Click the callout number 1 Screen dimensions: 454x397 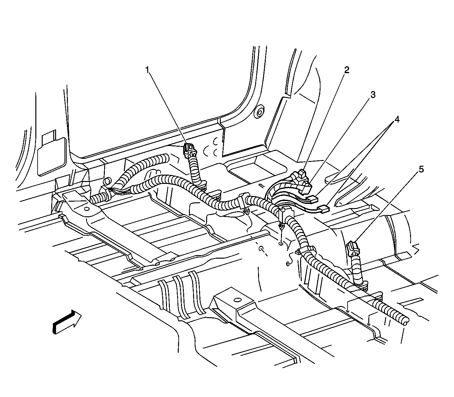147,70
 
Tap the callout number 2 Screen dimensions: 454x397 346,70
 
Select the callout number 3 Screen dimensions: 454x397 373,94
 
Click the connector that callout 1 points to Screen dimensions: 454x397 190,150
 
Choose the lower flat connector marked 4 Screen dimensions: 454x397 324,208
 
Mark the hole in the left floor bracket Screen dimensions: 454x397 87,209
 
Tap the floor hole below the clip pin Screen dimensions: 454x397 281,244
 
